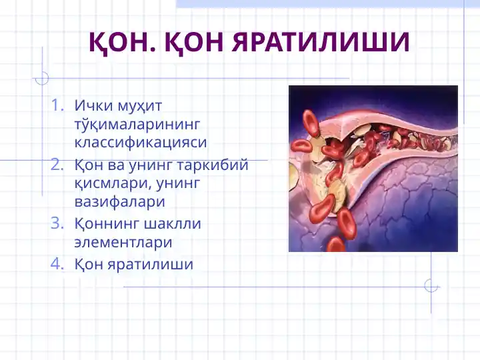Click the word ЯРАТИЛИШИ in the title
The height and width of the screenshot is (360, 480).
pyautogui.click(x=320, y=43)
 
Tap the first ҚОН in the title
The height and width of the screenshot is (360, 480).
pyautogui.click(x=115, y=43)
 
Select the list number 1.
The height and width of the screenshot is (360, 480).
pyautogui.click(x=57, y=105)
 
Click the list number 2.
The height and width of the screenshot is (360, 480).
pyautogui.click(x=57, y=164)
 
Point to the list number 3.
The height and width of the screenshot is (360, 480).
pyautogui.click(x=57, y=223)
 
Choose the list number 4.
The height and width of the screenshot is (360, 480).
pyautogui.click(x=57, y=264)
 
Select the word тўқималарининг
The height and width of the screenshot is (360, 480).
pyautogui.click(x=137, y=124)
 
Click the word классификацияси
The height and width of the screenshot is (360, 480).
pyautogui.click(x=141, y=142)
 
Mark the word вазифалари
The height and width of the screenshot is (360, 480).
pyautogui.click(x=119, y=201)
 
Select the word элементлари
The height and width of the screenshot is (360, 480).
pyautogui.click(x=123, y=242)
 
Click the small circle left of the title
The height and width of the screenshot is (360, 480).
pyautogui.click(x=42, y=78)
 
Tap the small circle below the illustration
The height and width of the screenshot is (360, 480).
pyautogui.click(x=431, y=285)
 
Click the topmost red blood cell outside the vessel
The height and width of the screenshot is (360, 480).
pyautogui.click(x=311, y=123)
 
